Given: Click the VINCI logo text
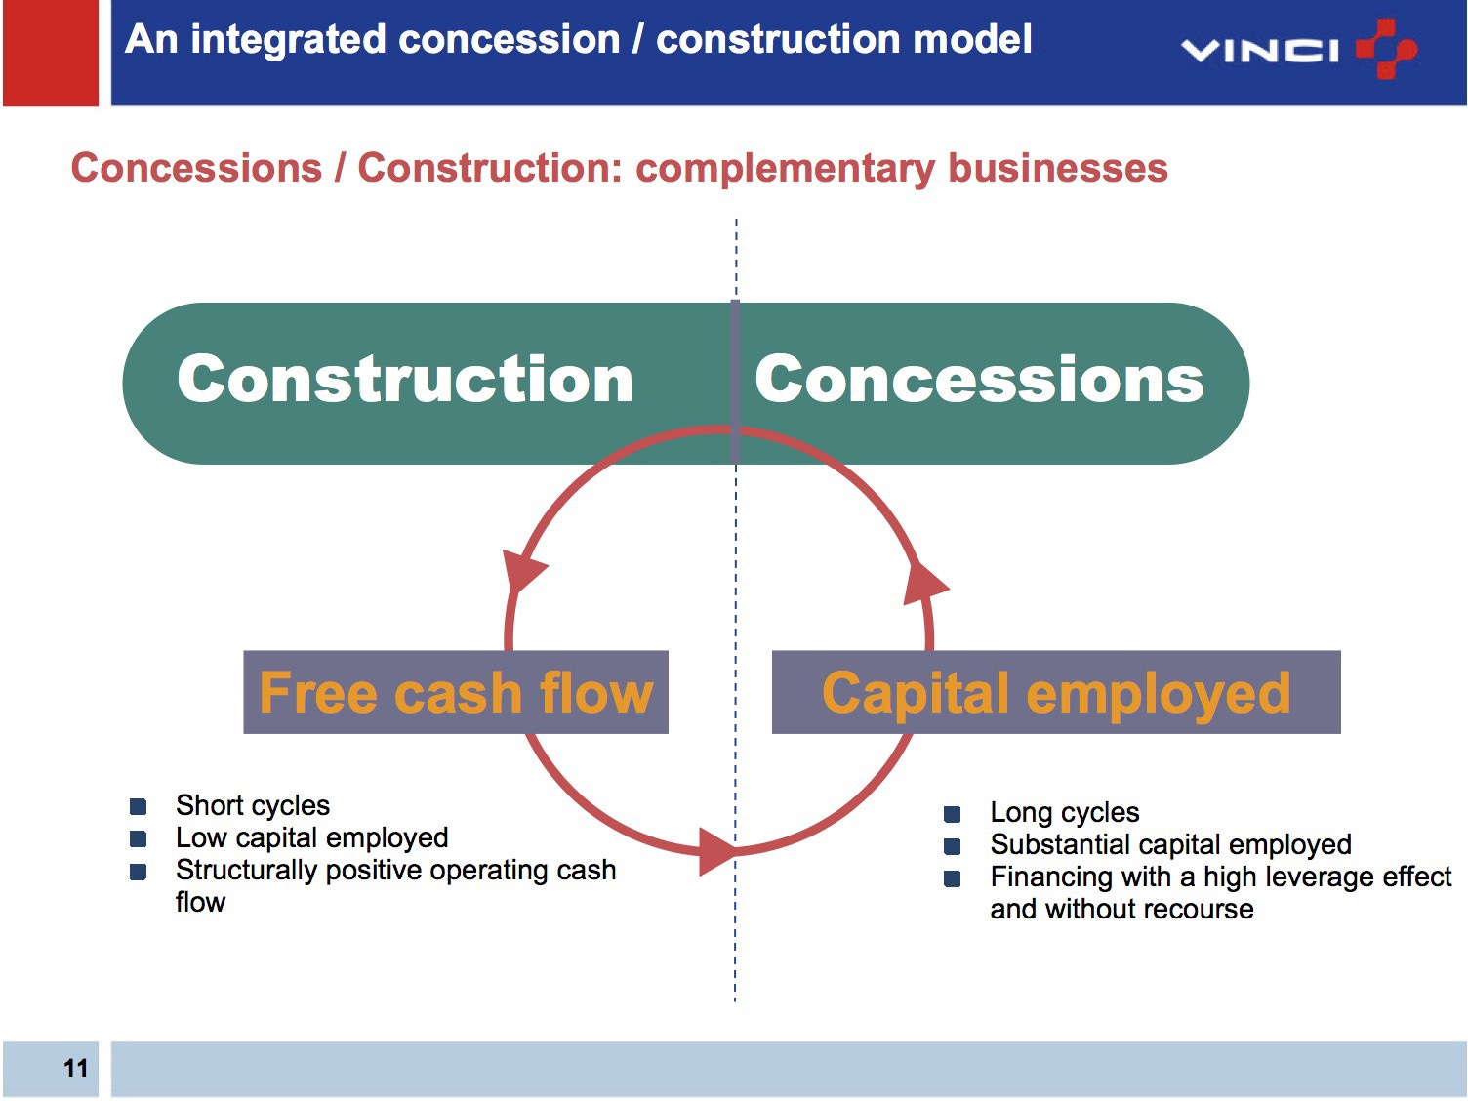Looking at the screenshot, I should pyautogui.click(x=1258, y=50).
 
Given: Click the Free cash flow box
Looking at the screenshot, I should pyautogui.click(x=455, y=692).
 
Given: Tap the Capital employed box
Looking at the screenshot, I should pyautogui.click(x=1055, y=692).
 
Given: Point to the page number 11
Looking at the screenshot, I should pyautogui.click(x=75, y=1068).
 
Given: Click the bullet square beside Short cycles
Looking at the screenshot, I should pyautogui.click(x=139, y=806).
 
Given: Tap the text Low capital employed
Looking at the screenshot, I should pyautogui.click(x=311, y=837).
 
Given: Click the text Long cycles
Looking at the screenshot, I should pyautogui.click(x=1064, y=812).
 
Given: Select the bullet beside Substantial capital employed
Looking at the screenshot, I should pyautogui.click(x=953, y=845).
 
